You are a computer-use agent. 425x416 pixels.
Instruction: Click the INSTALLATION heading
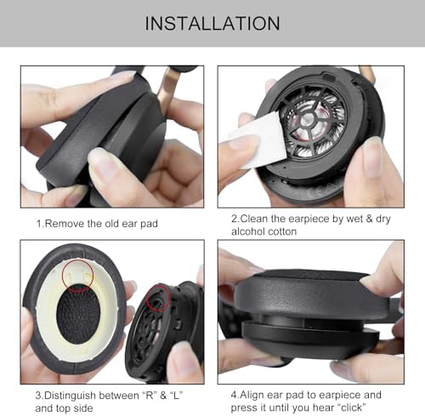pyautogui.click(x=212, y=23)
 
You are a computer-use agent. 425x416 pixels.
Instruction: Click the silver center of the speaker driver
pyautogui.click(x=308, y=121)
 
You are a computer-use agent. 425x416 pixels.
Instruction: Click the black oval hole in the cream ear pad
pyautogui.click(x=78, y=314)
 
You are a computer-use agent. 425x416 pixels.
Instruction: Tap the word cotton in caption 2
pyautogui.click(x=282, y=232)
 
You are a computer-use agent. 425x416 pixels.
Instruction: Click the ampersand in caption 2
pyautogui.click(x=369, y=219)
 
